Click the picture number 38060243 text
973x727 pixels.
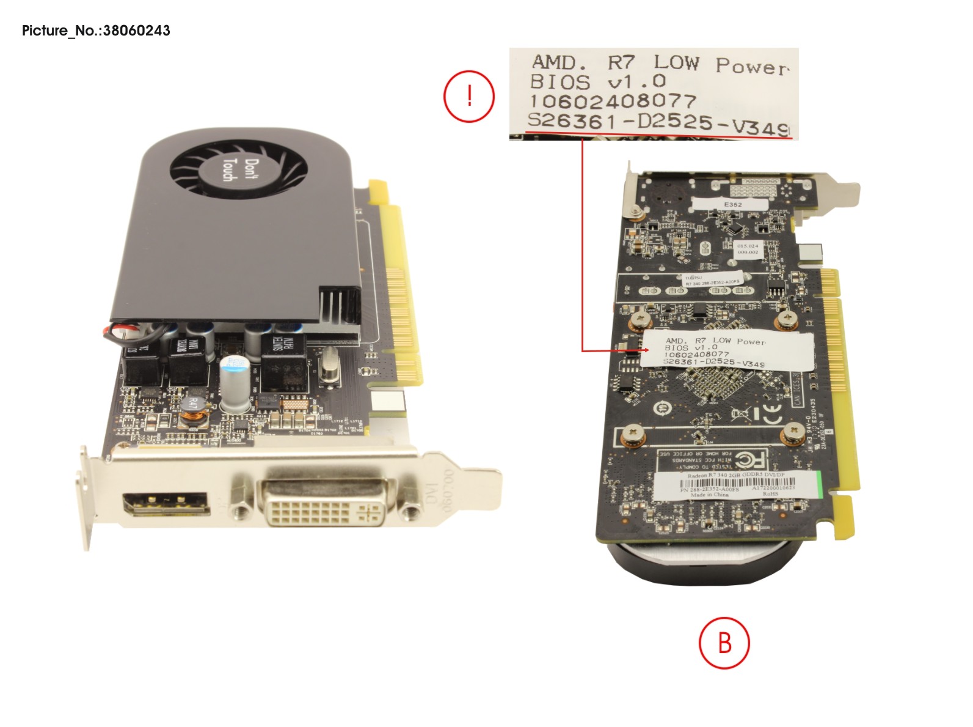[x=96, y=31]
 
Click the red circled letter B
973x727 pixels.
[x=724, y=643]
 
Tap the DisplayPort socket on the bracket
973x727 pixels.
[x=166, y=505]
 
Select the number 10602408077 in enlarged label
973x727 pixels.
[x=612, y=101]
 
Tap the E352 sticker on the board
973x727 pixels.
[x=732, y=204]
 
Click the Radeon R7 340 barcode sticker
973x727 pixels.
[x=735, y=484]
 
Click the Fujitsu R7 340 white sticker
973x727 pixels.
[x=712, y=279]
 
